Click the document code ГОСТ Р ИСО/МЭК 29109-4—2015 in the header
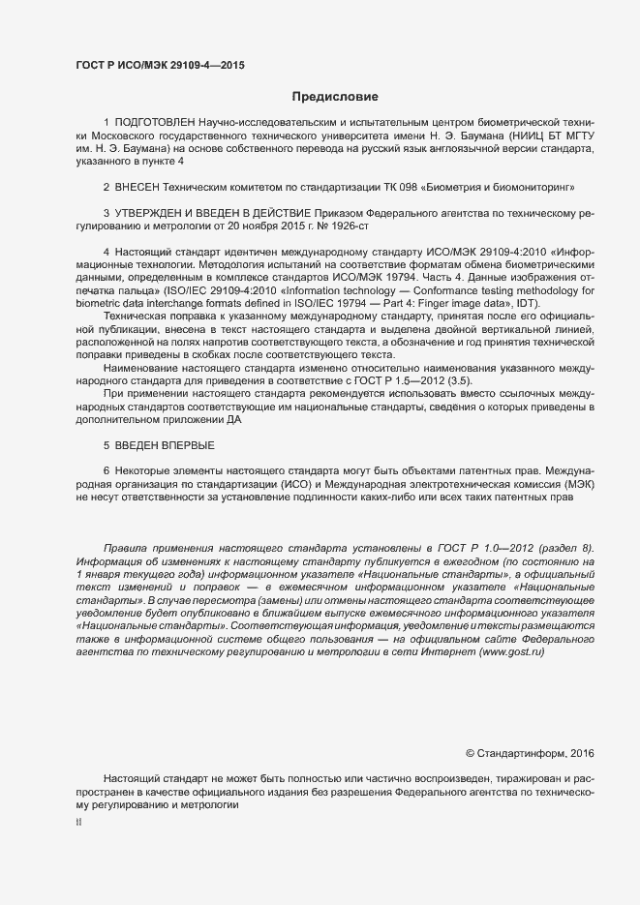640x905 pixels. click(160, 66)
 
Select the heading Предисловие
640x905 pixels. click(335, 97)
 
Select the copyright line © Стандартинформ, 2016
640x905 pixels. click(530, 753)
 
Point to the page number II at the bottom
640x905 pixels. click(78, 823)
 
